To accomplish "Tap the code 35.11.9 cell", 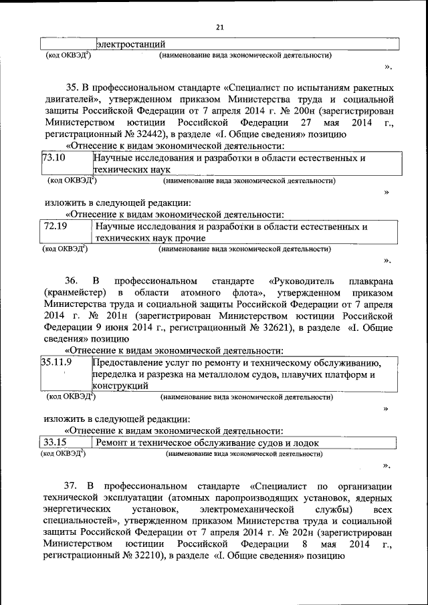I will (57, 362).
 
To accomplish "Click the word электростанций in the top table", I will (131, 44).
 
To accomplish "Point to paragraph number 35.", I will (72, 87).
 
